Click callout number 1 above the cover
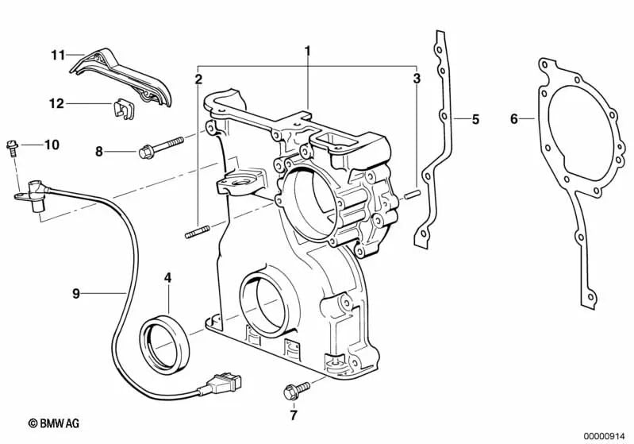click(307, 51)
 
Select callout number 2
click(198, 79)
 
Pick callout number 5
click(475, 120)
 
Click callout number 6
click(514, 120)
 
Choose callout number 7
click(292, 415)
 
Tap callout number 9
click(76, 293)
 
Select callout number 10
click(52, 145)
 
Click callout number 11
click(57, 55)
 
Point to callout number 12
click(56, 103)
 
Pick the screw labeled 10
click(13, 147)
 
